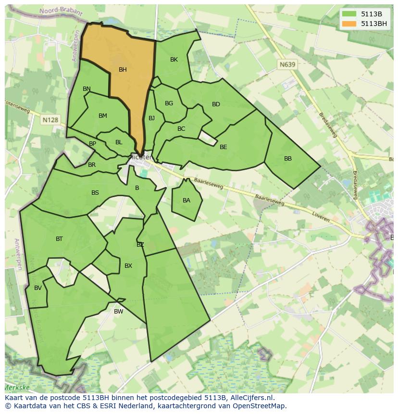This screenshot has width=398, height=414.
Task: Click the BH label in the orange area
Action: (x=123, y=70)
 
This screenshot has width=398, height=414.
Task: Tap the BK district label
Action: (x=174, y=60)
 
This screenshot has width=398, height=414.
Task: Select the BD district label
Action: (x=216, y=104)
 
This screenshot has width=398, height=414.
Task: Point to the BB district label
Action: (x=288, y=159)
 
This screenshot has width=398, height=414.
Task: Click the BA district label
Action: (x=187, y=201)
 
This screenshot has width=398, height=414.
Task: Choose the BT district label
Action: (x=59, y=239)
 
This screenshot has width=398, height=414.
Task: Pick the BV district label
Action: (x=38, y=289)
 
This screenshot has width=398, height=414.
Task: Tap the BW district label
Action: (x=118, y=312)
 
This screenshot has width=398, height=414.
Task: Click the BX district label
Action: (x=128, y=266)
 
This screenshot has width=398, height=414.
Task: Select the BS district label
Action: (x=95, y=193)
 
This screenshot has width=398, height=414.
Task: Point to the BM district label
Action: (x=103, y=116)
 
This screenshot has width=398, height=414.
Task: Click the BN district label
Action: (x=87, y=89)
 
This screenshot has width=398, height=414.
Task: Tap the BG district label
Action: (x=169, y=103)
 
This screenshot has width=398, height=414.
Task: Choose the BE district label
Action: (x=223, y=147)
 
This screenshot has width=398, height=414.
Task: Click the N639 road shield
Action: (x=287, y=64)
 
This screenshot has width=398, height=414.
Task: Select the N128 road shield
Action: (x=50, y=120)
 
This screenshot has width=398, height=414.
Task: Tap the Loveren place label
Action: (x=321, y=217)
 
